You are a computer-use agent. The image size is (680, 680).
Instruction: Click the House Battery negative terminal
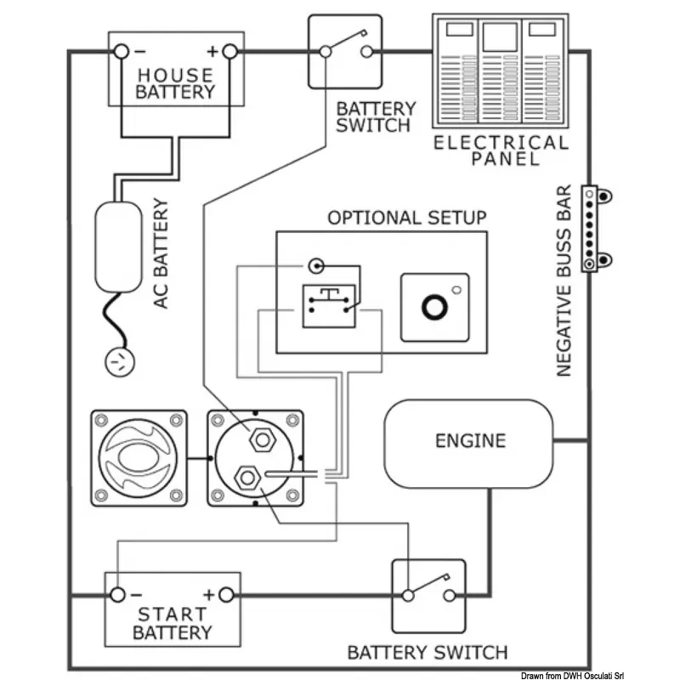(122, 52)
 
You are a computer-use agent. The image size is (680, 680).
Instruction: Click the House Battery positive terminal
(229, 52)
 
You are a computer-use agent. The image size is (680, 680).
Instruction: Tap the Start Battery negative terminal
(119, 594)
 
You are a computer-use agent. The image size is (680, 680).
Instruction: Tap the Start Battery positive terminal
(225, 594)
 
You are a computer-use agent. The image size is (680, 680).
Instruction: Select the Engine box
(469, 442)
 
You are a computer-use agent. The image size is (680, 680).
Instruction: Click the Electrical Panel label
(501, 150)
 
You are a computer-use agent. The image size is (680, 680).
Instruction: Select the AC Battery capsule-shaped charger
(119, 247)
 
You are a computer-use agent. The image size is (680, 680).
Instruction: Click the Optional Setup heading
(407, 217)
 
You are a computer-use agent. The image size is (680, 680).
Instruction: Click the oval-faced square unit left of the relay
(139, 457)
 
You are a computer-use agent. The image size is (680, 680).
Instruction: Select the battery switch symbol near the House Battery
(345, 50)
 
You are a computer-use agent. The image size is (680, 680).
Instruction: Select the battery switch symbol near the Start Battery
(428, 594)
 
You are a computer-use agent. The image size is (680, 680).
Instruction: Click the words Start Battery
(173, 623)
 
